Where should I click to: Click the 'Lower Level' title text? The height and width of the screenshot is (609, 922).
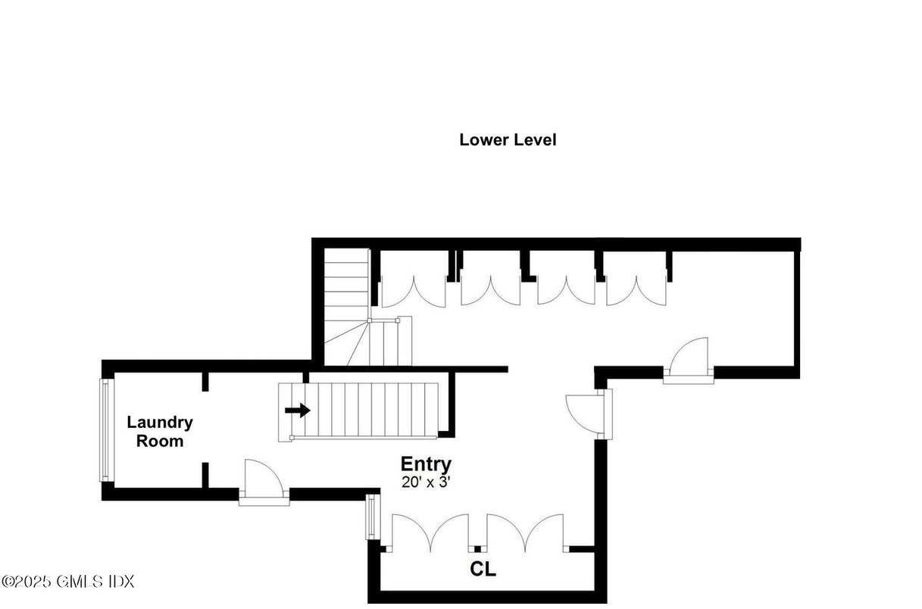508,140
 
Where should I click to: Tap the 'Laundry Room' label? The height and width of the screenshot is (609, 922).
159,432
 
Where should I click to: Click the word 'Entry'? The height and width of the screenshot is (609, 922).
426,464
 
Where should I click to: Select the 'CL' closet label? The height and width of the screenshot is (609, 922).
483,570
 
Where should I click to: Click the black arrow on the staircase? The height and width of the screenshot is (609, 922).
298,411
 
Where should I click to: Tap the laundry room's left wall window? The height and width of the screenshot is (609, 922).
105,429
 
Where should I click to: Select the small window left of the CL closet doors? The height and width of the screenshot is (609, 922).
372,517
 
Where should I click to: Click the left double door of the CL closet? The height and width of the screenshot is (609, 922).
430,531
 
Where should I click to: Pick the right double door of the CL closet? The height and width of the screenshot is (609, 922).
525,531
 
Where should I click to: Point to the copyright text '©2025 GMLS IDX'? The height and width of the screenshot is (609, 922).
68,582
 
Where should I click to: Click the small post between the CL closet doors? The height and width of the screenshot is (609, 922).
477,548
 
